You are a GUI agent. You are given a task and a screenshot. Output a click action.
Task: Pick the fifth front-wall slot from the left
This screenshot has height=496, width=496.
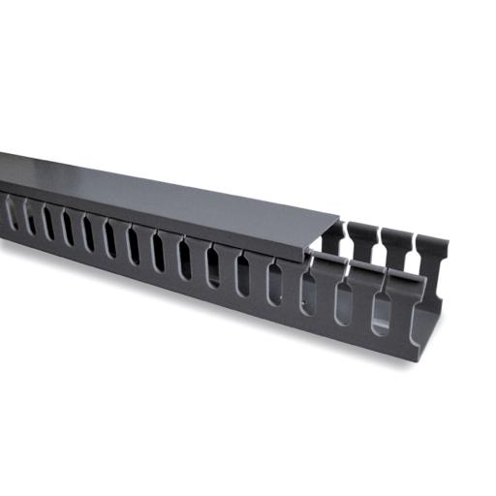coord(88,235)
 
